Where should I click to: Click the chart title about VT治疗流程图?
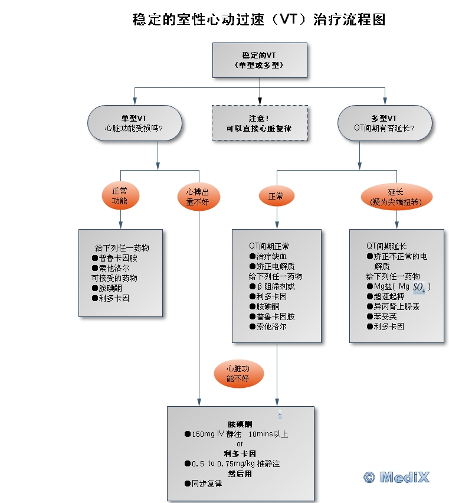pos(260,19)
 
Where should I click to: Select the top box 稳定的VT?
pos(260,60)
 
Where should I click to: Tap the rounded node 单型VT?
pos(134,123)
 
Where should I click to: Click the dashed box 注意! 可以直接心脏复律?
pos(260,123)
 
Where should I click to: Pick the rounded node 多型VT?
pos(384,123)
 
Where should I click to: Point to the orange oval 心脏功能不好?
pos(238,374)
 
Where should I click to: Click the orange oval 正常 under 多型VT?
pos(276,196)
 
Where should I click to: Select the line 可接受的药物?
pos(114,278)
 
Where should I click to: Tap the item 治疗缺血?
pos(271,256)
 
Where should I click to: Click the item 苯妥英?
pos(384,316)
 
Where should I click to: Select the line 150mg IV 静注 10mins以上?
pos(240,435)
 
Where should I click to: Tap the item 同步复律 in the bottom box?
pos(207,484)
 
